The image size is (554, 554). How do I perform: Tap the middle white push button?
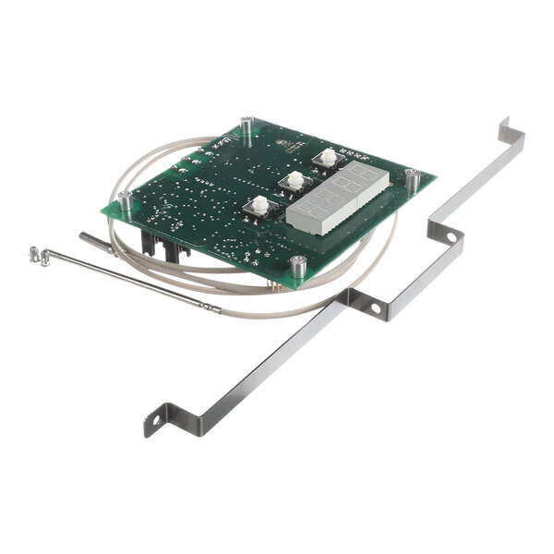pos(295,180)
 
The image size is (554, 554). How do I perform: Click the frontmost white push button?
pos(260,204)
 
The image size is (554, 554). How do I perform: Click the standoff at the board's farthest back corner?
pos(246,122)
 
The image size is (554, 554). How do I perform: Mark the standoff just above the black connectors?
pos(124,199)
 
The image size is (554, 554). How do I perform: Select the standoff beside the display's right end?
pos(414,178)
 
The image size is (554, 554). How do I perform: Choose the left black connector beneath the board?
pos(148,247)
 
